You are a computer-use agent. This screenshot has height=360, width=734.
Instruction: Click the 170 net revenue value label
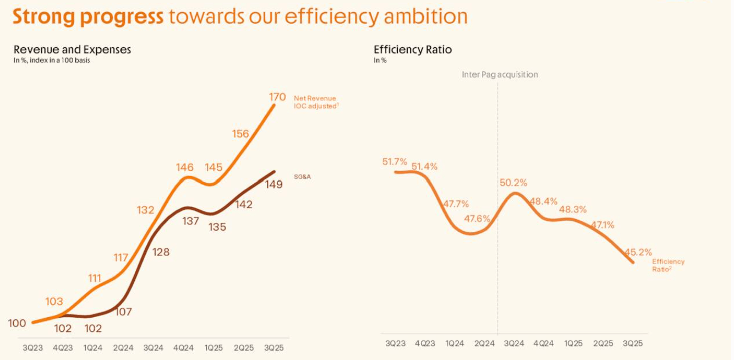point(277,97)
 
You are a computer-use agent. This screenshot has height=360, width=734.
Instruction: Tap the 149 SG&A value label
point(274,184)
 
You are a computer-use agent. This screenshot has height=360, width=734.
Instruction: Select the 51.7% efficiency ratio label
point(395,162)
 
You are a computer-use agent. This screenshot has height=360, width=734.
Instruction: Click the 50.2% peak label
point(514,182)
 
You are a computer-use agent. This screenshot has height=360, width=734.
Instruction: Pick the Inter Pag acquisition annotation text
point(500,74)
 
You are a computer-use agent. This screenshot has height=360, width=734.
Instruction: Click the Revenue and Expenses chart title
point(72,50)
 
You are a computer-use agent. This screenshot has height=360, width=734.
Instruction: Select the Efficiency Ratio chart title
point(413,50)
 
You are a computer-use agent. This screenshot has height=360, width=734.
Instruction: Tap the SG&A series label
point(303,177)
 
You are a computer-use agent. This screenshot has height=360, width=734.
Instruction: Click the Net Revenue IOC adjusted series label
point(315,102)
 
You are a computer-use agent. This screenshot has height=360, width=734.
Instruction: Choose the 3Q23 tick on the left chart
point(33,348)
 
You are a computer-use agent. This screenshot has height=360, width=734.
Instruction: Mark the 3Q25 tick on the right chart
point(632,343)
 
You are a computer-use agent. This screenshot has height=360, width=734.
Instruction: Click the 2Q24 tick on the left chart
point(123,348)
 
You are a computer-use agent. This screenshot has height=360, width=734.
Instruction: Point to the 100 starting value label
point(17,323)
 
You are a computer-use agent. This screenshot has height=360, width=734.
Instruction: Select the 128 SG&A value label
point(161,252)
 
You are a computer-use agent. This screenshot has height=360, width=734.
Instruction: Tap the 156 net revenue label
point(240,133)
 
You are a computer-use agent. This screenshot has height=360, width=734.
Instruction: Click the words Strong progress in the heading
point(88,17)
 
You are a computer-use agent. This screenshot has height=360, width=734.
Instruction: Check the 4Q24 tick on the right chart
point(543,343)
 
